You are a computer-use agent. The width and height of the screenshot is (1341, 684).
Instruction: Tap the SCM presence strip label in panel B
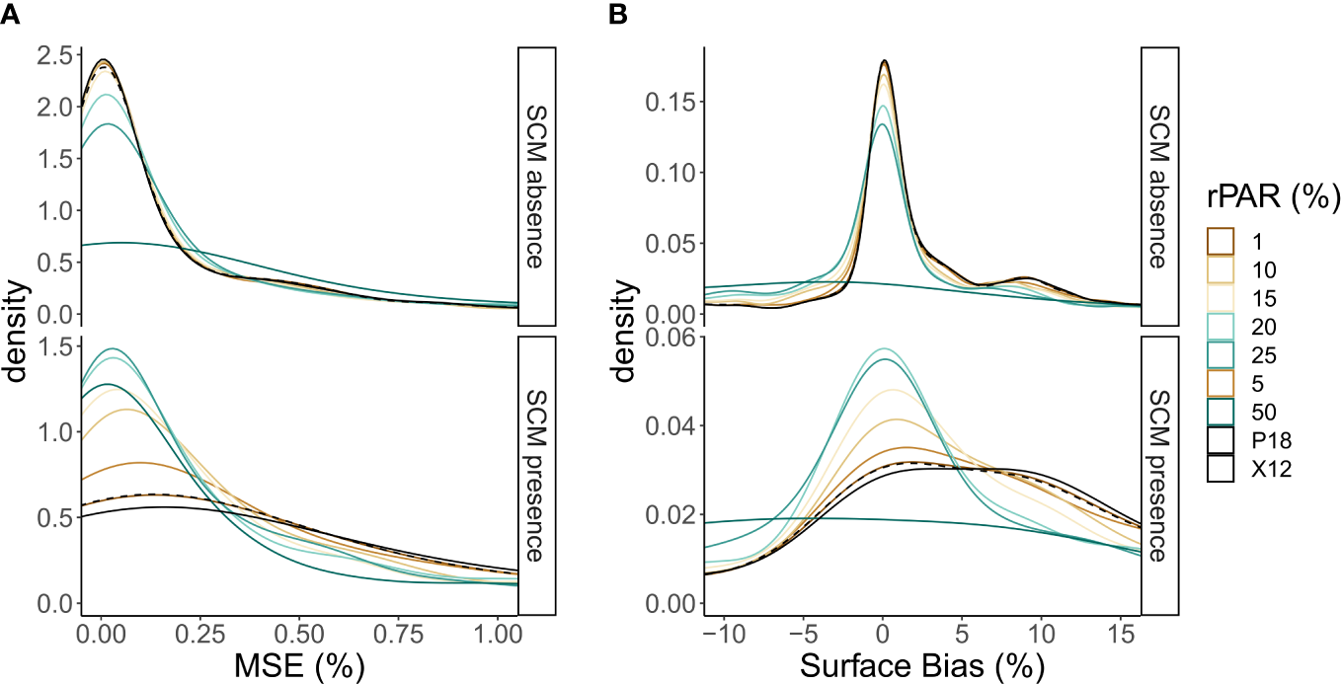[1160, 476]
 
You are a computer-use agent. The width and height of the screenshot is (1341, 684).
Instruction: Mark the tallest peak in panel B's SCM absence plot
[884, 60]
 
